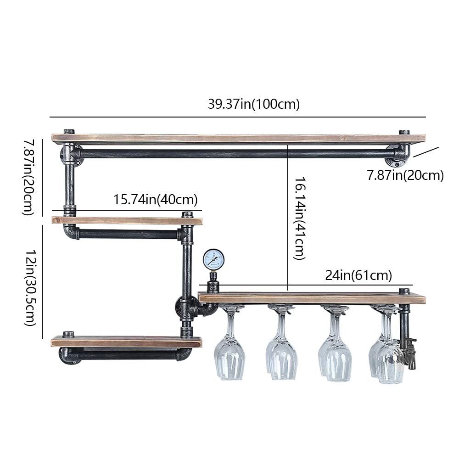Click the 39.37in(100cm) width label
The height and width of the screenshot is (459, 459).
253,104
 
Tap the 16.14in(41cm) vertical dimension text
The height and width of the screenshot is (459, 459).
300,219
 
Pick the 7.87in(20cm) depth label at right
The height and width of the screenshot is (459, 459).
405,175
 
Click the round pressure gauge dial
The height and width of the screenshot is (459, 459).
213,260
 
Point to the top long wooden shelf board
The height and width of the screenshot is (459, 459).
239,138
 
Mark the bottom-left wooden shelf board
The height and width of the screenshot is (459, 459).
126,341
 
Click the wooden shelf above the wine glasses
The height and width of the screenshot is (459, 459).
312,298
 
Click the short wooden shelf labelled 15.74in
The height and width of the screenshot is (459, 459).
126,221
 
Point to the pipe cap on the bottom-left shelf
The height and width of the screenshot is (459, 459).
69,333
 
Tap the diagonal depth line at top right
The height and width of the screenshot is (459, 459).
426,152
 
